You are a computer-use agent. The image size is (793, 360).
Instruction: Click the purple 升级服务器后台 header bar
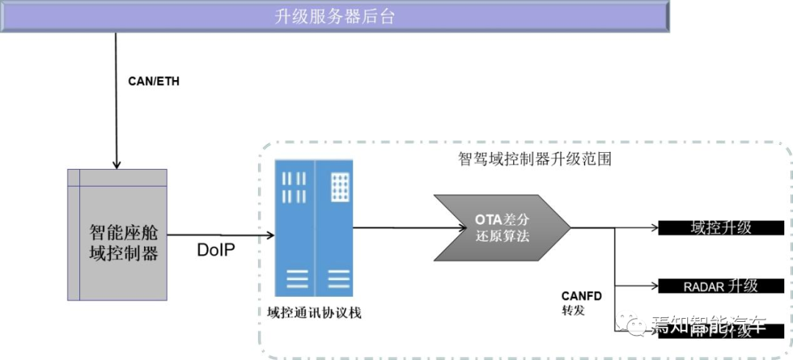pyautogui.click(x=334, y=17)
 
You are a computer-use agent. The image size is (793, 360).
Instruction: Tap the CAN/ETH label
pyautogui.click(x=153, y=82)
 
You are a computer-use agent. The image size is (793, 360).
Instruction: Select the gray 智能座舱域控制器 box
pyautogui.click(x=117, y=234)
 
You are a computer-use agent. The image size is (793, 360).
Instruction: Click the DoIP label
pyautogui.click(x=216, y=250)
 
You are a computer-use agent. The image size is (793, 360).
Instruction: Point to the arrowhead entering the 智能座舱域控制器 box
pyautogui.click(x=115, y=163)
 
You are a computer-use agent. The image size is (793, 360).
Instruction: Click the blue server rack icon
pyautogui.click(x=314, y=228)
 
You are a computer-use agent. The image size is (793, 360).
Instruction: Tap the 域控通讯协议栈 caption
pyautogui.click(x=314, y=312)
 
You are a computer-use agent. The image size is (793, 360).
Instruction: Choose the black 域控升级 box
pyautogui.click(x=715, y=228)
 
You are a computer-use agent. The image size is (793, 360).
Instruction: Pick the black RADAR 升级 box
pyautogui.click(x=715, y=286)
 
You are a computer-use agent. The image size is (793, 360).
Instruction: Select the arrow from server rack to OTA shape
pyautogui.click(x=393, y=227)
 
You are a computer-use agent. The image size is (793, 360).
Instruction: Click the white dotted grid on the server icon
pyautogui.click(x=340, y=186)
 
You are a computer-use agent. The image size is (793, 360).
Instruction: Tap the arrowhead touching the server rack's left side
pyautogui.click(x=270, y=235)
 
